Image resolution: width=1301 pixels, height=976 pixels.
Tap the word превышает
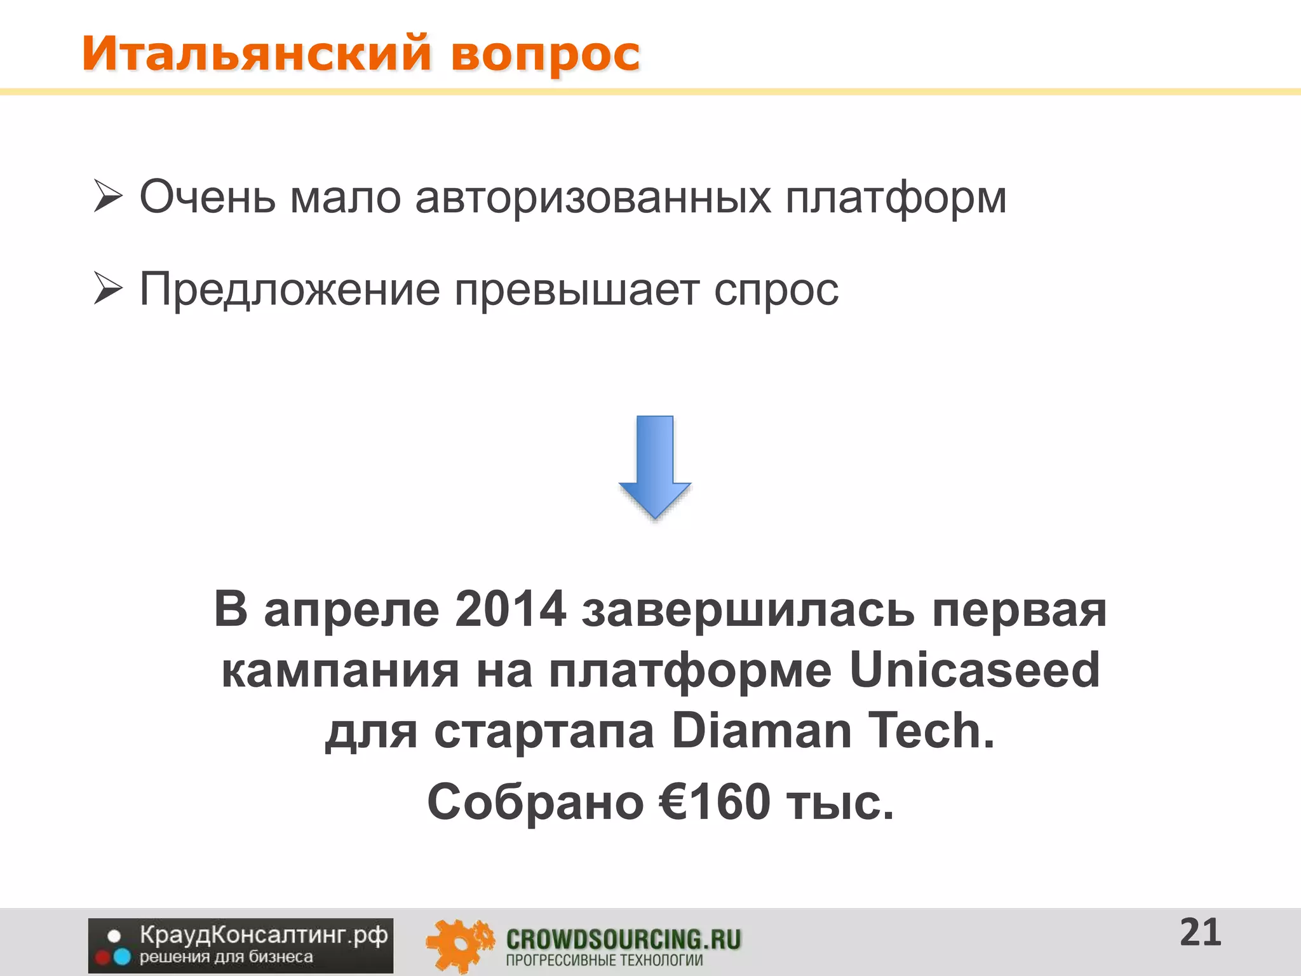pos(576,290)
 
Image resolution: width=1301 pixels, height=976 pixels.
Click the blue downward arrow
pos(654,466)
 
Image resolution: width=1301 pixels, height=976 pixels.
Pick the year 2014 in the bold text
pos(510,609)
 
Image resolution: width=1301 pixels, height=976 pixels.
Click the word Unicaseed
pos(974,670)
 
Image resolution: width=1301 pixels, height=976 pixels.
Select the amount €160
pos(715,802)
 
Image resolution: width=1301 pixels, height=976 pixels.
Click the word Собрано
pos(535,802)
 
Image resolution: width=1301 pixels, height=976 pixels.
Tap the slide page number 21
pos(1200,933)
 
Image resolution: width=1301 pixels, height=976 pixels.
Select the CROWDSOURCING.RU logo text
pos(623,939)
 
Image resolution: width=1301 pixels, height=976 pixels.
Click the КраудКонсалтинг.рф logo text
pos(263,935)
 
